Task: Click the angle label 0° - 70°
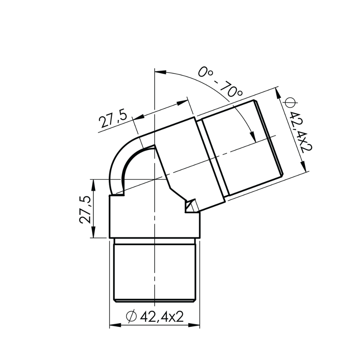click(220, 82)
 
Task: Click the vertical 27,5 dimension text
click(85, 209)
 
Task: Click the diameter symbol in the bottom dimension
click(131, 316)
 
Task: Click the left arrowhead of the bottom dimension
click(115, 325)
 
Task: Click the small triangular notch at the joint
click(190, 205)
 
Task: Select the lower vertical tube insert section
click(154, 272)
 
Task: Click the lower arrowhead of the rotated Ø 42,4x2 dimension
click(303, 167)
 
